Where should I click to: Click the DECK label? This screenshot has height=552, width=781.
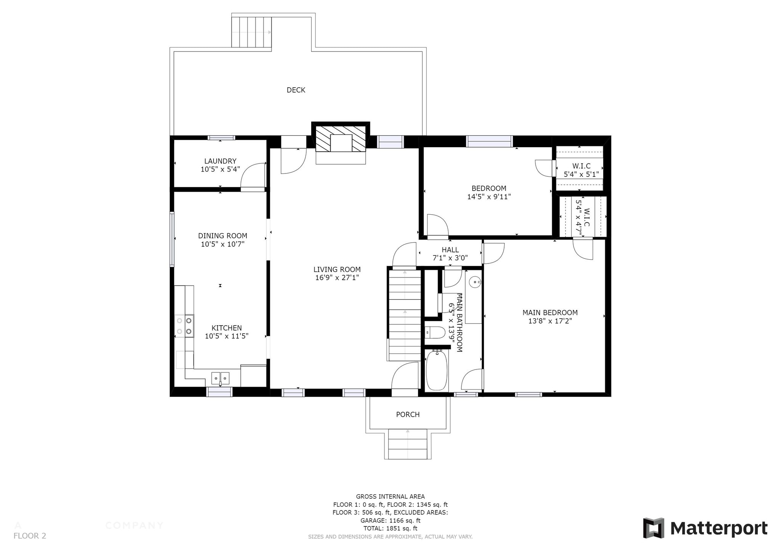(296, 90)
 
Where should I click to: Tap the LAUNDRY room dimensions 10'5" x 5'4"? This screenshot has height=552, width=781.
(220, 169)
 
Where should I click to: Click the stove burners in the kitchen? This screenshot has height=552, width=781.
(184, 326)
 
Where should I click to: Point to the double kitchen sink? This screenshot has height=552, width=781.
(220, 378)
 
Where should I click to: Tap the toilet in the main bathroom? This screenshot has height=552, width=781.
(435, 333)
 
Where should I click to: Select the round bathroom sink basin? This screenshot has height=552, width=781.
(474, 283)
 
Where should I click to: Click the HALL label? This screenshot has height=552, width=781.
(450, 250)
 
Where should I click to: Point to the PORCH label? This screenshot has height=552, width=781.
(408, 414)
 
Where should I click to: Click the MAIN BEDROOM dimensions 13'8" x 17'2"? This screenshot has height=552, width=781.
(550, 321)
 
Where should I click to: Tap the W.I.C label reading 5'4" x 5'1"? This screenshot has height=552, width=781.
(581, 174)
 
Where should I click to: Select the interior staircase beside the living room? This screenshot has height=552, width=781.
(405, 315)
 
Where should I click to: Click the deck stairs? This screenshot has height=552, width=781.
(251, 32)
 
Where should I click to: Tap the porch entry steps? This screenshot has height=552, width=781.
(408, 444)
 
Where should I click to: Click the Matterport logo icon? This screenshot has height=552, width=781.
(653, 528)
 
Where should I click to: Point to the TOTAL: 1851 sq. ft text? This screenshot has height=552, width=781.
(390, 528)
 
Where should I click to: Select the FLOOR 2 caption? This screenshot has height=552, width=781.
(30, 536)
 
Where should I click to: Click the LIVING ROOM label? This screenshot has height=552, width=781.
(337, 270)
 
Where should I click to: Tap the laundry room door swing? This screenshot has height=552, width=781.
(253, 176)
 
